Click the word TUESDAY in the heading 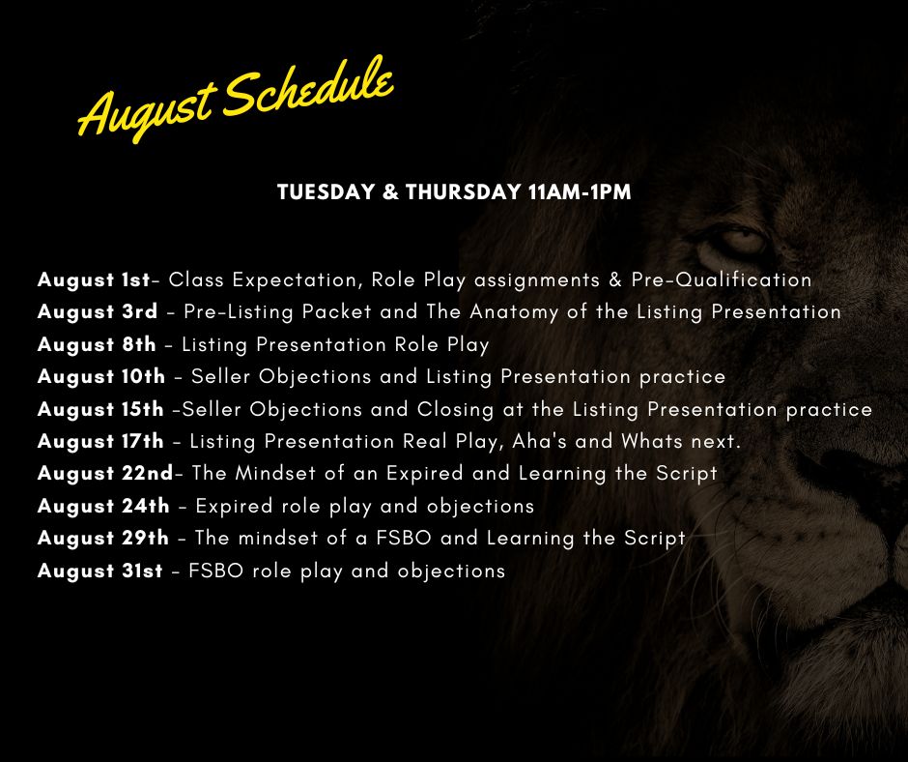[x=326, y=191]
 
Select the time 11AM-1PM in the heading [x=580, y=191]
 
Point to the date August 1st [x=94, y=280]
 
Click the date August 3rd [x=98, y=312]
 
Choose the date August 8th [x=97, y=345]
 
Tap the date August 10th [x=101, y=377]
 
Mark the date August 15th [x=100, y=409]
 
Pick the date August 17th [x=100, y=442]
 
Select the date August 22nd [x=105, y=474]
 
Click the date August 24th [x=103, y=507]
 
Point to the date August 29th [x=103, y=539]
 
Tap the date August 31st [x=100, y=571]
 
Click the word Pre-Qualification [x=722, y=280]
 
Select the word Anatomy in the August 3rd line [x=514, y=313]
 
